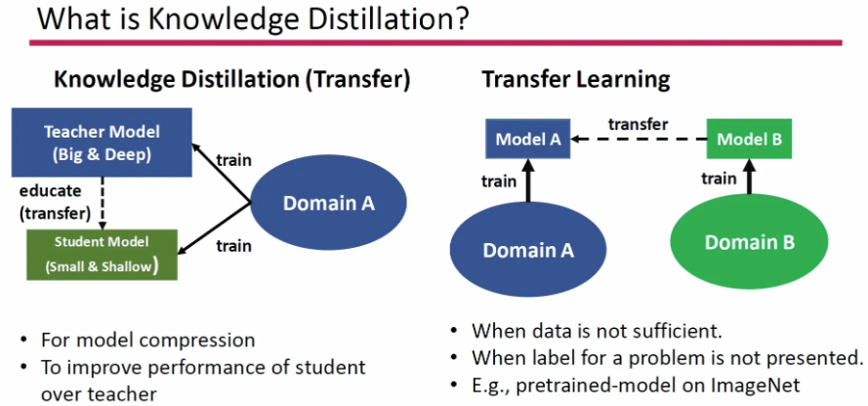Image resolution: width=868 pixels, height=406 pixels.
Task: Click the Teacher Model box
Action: click(x=102, y=142)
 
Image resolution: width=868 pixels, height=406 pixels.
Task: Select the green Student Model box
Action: click(x=102, y=255)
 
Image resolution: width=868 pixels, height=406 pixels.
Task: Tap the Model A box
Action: click(x=528, y=139)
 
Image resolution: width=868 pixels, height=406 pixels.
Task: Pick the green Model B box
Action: click(x=749, y=139)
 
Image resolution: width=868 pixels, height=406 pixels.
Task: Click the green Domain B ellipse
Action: click(x=749, y=242)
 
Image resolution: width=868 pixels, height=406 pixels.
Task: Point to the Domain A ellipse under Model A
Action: click(x=528, y=251)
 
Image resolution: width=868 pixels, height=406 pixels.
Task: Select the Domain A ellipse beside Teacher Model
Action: click(x=329, y=203)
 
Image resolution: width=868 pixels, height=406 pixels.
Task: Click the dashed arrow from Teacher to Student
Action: click(x=102, y=203)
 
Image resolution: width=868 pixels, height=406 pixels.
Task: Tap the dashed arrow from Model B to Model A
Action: click(x=639, y=140)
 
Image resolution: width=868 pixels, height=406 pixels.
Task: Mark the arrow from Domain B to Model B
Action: click(x=749, y=177)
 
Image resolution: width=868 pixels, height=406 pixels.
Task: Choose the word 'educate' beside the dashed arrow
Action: click(x=50, y=191)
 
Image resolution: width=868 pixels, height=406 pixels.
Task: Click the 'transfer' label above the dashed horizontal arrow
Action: click(x=639, y=125)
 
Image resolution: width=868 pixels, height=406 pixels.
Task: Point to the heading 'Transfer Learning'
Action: click(x=576, y=80)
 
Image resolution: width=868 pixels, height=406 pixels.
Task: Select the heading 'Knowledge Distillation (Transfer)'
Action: click(x=232, y=80)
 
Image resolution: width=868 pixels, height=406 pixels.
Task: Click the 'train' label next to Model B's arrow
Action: click(x=719, y=179)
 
